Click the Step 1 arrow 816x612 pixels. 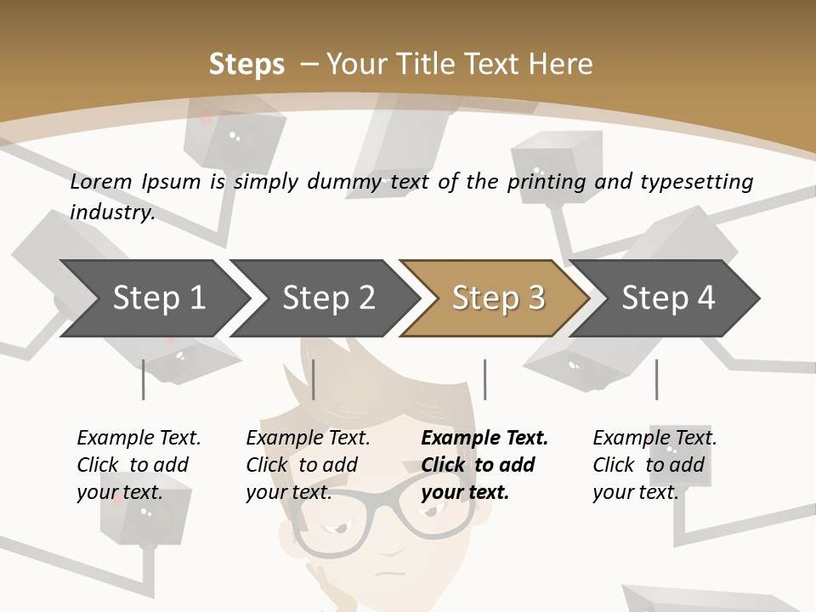153,298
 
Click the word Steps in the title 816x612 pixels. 246,65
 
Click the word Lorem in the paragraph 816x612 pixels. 100,181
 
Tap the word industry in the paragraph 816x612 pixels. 111,212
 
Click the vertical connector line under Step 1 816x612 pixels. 144,379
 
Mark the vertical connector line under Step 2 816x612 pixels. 314,379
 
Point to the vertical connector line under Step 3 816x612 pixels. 484,379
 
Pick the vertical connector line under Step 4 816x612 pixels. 656,379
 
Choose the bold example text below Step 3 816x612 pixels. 484,465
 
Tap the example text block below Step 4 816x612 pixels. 654,465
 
